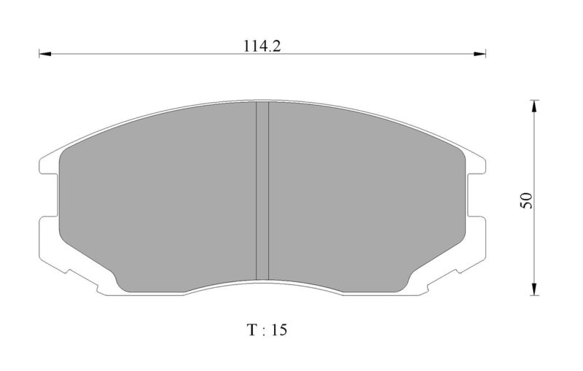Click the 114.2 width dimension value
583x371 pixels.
(262, 46)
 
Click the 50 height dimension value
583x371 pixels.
(526, 200)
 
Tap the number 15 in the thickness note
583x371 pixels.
(279, 329)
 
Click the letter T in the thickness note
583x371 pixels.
(252, 329)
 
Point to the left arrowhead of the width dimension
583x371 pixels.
(44, 54)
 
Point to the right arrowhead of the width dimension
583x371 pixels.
(480, 54)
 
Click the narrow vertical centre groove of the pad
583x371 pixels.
(262, 191)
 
